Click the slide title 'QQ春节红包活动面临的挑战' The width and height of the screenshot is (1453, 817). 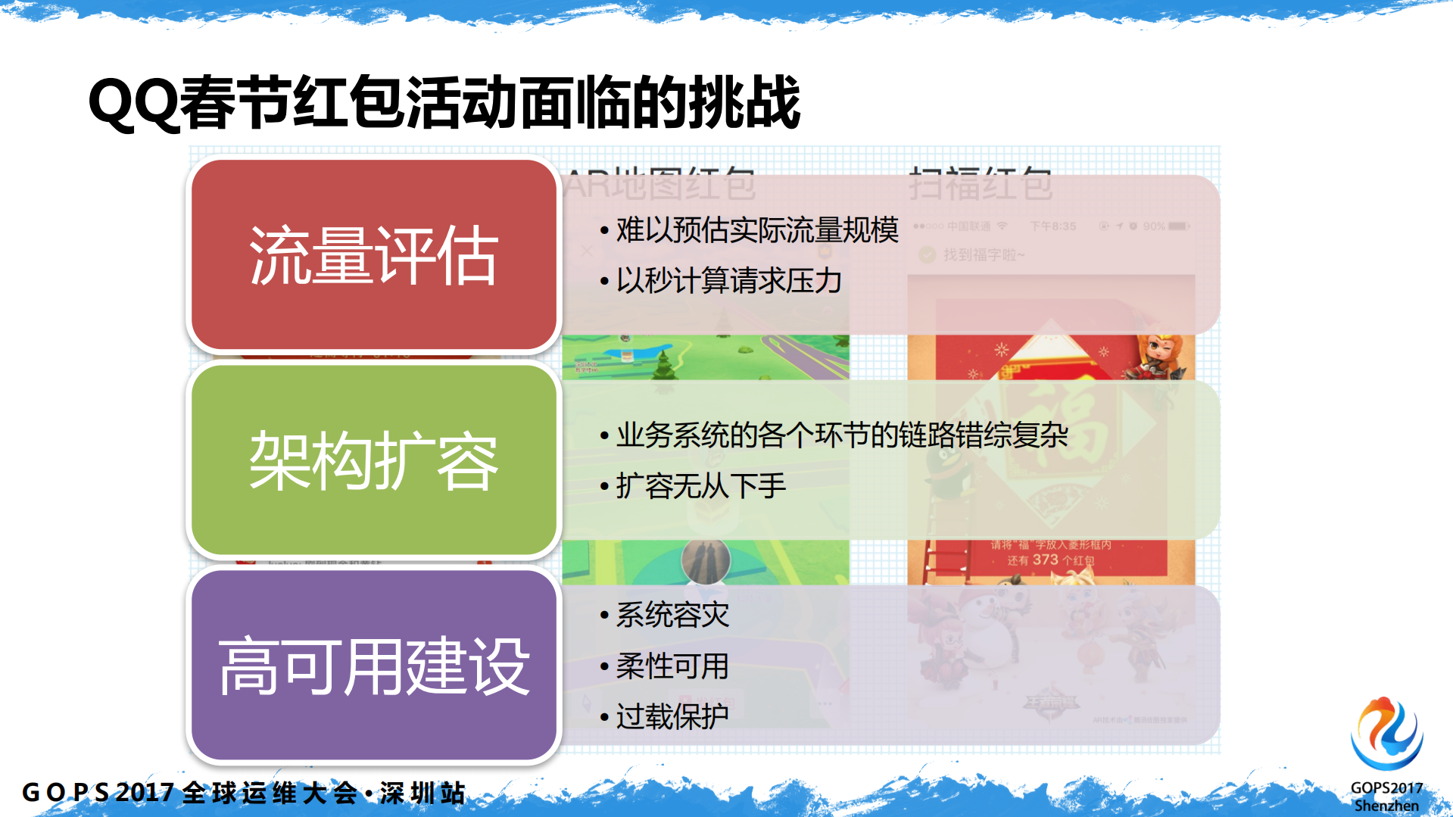(x=444, y=102)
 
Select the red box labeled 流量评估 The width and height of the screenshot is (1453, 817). (x=373, y=255)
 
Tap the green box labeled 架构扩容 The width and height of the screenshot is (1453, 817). (x=373, y=460)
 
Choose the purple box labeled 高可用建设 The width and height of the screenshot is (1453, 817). (x=373, y=666)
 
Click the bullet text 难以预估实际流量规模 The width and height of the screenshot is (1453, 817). (x=756, y=230)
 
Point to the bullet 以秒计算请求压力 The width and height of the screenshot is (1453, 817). (x=728, y=281)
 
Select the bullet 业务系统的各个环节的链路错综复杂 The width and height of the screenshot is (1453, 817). (x=841, y=435)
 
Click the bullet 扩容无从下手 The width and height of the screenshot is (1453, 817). (x=700, y=486)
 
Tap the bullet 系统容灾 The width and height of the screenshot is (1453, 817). (x=672, y=615)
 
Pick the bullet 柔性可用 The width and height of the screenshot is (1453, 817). (x=672, y=666)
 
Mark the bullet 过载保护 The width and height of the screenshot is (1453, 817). (x=672, y=716)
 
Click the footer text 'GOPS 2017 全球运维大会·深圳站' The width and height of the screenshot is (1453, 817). (x=244, y=793)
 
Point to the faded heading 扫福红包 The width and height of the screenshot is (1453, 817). (x=980, y=183)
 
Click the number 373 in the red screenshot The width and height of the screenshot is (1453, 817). (x=1045, y=560)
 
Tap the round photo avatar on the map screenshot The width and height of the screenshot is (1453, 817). (x=705, y=562)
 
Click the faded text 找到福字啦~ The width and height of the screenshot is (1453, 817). (x=983, y=255)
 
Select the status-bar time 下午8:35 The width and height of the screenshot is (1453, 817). (x=1052, y=226)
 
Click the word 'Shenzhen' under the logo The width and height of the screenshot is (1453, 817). (x=1386, y=806)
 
